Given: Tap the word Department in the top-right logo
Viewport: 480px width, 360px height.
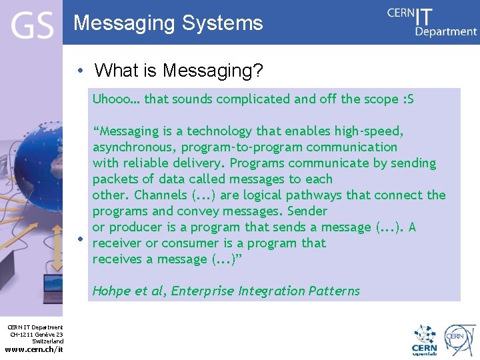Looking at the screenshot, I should [x=446, y=31].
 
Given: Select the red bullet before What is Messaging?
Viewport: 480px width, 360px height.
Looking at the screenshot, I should [x=79, y=71].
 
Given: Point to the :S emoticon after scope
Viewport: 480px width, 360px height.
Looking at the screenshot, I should [x=409, y=99].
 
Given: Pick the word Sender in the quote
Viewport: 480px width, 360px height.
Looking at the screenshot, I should [x=307, y=211].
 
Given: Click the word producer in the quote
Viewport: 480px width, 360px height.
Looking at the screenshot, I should [x=135, y=227].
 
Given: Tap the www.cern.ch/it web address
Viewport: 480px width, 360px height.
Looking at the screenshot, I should [x=34, y=349].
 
